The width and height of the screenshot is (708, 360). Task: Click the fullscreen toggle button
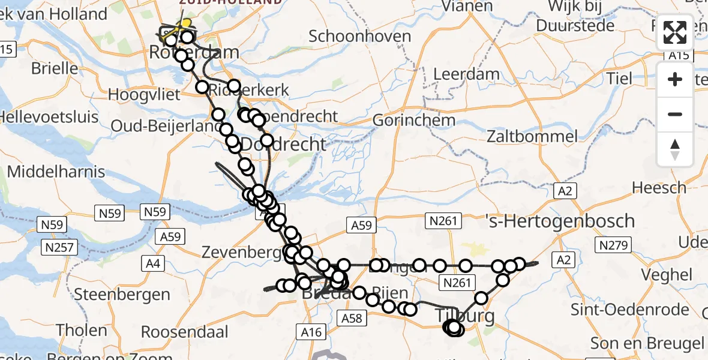(x=675, y=32)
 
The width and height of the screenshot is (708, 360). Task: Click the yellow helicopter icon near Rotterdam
(x=185, y=25)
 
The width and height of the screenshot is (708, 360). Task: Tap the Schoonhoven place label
(x=359, y=36)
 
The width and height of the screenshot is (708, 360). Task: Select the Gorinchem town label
(x=413, y=120)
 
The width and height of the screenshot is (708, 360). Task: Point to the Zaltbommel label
(x=532, y=136)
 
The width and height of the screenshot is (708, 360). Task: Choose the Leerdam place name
(x=466, y=75)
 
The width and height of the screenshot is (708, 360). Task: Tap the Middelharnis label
(x=56, y=172)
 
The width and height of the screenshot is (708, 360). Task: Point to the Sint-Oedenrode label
(x=638, y=310)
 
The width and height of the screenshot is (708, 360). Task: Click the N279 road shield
(x=611, y=245)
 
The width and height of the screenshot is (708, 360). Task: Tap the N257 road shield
(x=59, y=247)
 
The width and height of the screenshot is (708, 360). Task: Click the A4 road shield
(x=154, y=263)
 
